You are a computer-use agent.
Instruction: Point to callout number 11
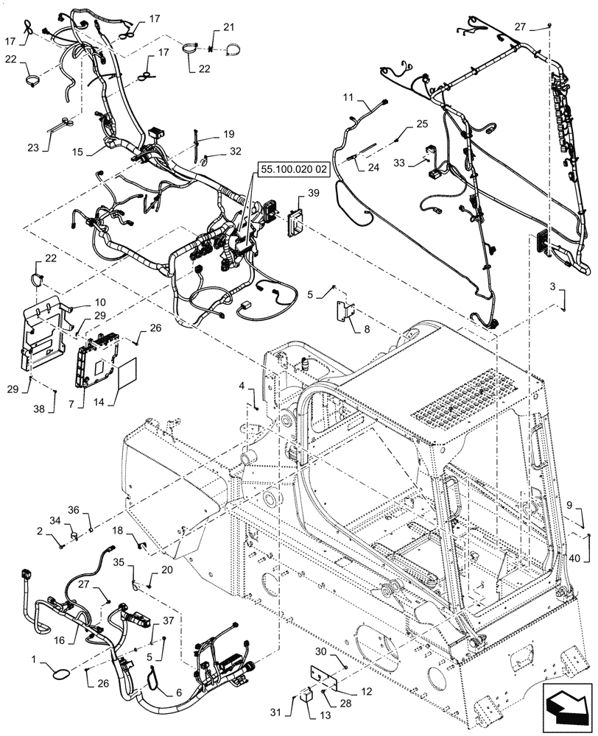coord(348,97)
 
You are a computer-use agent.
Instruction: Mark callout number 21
coord(228,27)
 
